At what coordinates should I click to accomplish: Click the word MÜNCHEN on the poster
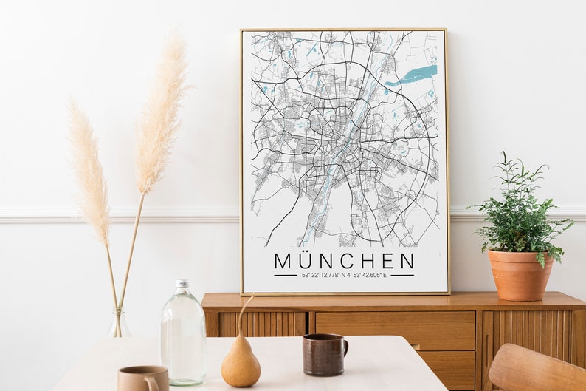(x=344, y=261)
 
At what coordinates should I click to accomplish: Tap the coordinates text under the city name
(x=344, y=276)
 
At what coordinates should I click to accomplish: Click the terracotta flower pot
(x=520, y=274)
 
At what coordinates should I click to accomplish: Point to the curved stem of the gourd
(x=243, y=310)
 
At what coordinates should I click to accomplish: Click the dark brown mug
(x=323, y=354)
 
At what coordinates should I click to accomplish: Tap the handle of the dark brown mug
(x=343, y=350)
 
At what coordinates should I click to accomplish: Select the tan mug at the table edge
(x=142, y=378)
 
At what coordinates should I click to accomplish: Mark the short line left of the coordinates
(x=284, y=276)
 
